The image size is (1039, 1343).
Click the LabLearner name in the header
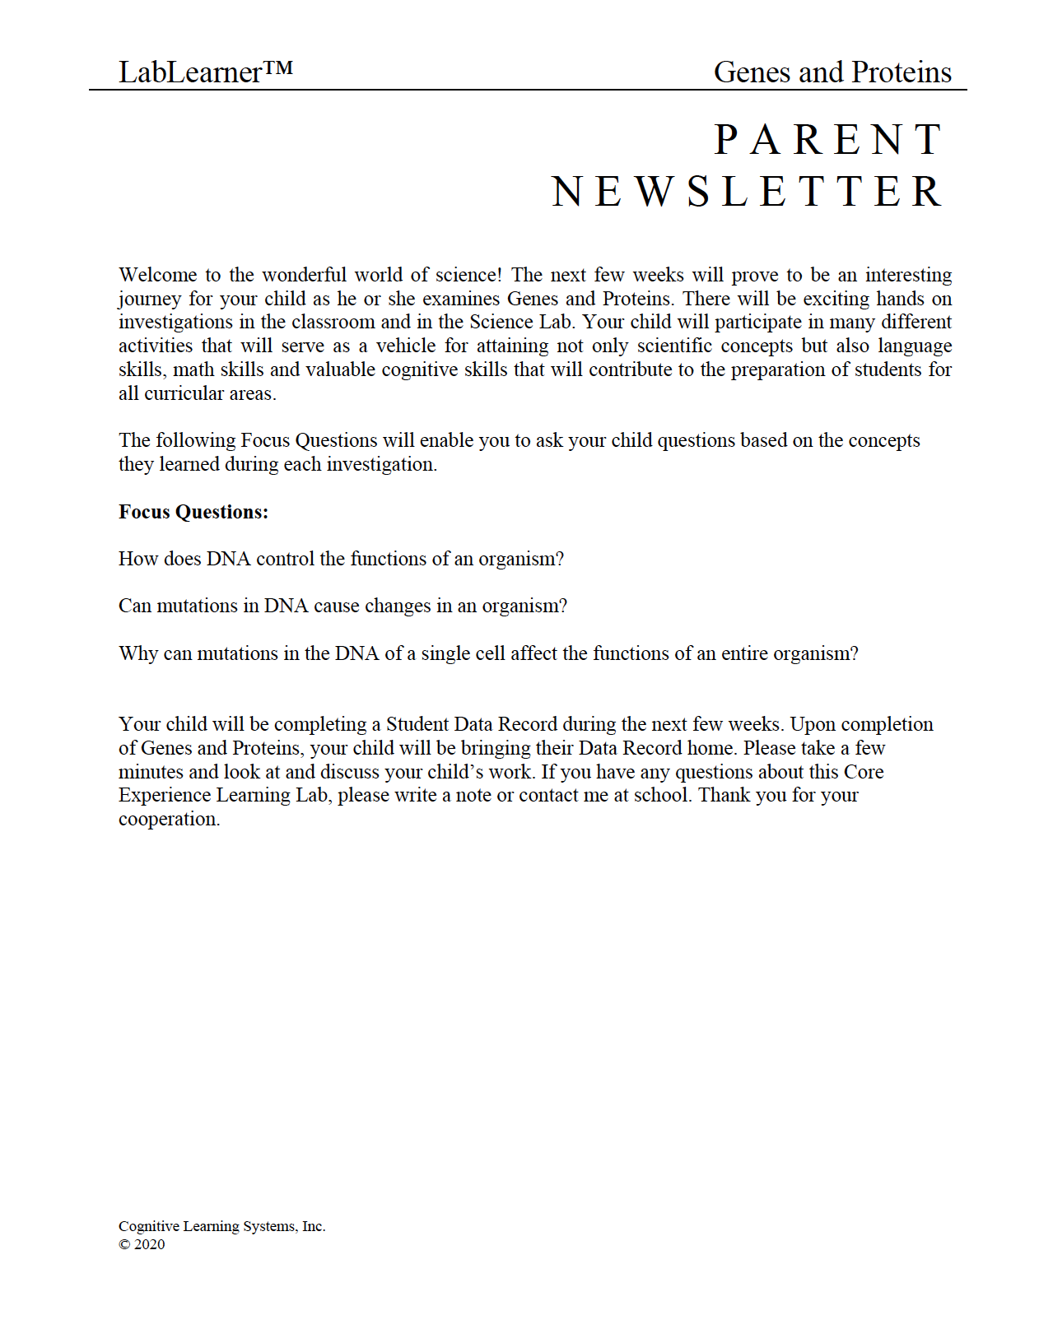click(x=190, y=73)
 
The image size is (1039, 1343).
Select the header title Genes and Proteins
click(x=832, y=72)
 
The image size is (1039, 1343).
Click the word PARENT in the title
click(x=827, y=139)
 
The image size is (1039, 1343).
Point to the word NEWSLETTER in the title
click(x=746, y=192)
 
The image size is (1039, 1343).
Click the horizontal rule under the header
click(x=527, y=90)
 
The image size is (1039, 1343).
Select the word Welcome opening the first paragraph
click(x=157, y=275)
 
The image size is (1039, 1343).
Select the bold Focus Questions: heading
click(x=193, y=512)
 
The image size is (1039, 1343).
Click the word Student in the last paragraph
click(x=417, y=724)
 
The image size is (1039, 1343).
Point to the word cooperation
click(x=169, y=820)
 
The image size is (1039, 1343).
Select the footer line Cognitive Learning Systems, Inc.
click(x=221, y=1226)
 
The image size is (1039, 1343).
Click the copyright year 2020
click(x=149, y=1244)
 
